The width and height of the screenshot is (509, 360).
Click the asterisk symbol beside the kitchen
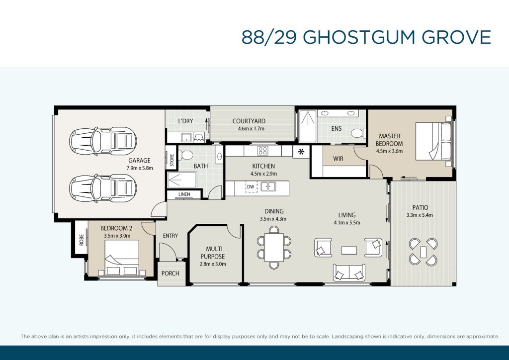[x=301, y=152]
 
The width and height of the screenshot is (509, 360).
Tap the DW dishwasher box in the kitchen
[x=251, y=187]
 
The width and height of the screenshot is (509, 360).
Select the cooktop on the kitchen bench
[x=262, y=151]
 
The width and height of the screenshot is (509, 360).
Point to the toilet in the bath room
[x=186, y=155]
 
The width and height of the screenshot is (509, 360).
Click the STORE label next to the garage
[x=171, y=161]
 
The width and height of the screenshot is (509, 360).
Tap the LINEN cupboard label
[x=184, y=194]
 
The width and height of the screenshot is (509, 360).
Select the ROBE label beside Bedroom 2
[x=82, y=240]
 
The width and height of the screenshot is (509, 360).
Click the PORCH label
[x=170, y=273]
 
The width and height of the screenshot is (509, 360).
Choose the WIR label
[x=338, y=159]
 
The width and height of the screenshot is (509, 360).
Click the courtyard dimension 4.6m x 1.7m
[x=251, y=129]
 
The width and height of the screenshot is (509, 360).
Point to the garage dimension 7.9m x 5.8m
[x=140, y=168]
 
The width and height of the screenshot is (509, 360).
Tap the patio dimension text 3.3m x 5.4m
[x=420, y=215]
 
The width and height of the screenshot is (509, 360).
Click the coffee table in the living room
[x=349, y=250]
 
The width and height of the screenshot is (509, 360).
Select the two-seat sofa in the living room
[x=349, y=272]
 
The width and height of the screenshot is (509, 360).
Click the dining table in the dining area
[x=274, y=247]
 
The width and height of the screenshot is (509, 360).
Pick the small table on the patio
[x=423, y=252]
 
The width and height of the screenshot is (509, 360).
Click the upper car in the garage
[x=102, y=141]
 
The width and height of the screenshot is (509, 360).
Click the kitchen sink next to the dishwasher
[x=268, y=186]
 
